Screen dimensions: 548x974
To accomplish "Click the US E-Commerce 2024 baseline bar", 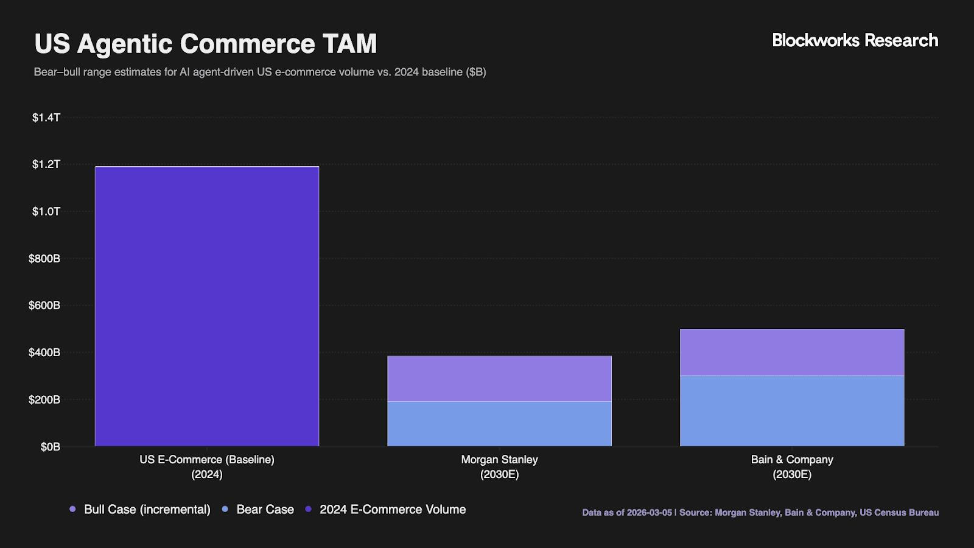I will [207, 306].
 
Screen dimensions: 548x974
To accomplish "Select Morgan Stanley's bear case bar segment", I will [499, 424].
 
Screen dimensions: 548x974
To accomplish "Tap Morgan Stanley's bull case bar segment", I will [499, 378].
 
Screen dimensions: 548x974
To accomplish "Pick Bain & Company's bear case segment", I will [792, 411].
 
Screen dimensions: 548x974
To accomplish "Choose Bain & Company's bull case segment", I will [792, 352].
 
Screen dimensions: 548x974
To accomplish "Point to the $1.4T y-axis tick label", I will [46, 118].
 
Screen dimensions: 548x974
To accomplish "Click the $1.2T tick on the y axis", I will [46, 164].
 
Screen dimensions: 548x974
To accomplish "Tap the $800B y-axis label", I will [44, 259].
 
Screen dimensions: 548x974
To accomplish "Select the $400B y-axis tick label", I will [44, 353].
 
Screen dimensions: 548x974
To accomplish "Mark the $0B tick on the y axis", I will [51, 447].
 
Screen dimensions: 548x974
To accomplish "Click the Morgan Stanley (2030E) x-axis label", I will [499, 467].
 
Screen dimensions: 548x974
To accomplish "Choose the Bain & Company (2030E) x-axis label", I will [792, 467].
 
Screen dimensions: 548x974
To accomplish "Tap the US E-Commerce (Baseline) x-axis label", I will [207, 467].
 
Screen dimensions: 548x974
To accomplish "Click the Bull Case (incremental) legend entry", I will [147, 510].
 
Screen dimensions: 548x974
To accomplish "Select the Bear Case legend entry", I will [265, 510].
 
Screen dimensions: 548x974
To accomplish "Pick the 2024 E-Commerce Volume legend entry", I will [393, 510].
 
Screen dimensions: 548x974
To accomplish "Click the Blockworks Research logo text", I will [855, 41].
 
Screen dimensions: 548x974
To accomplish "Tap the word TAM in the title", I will [350, 44].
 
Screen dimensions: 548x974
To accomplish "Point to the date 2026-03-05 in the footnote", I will [649, 513].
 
